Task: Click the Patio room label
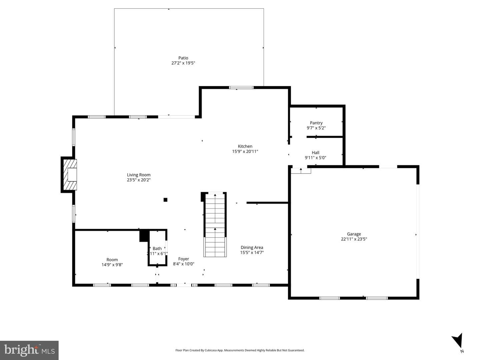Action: [x=183, y=58]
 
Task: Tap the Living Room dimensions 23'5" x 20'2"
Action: [x=139, y=180]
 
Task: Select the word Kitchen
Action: [x=245, y=146]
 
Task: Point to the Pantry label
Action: [x=316, y=123]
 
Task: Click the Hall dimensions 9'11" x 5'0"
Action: [x=315, y=158]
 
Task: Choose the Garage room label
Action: [x=354, y=234]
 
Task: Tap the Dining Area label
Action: [x=252, y=247]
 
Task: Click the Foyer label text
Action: [x=183, y=259]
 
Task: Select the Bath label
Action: [x=157, y=249]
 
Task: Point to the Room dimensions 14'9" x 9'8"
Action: [x=112, y=265]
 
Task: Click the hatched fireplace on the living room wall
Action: [x=70, y=175]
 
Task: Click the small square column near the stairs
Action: [x=165, y=200]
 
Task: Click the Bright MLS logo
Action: [x=29, y=350]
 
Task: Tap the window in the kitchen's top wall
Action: [x=241, y=88]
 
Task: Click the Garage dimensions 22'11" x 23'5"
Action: [x=354, y=239]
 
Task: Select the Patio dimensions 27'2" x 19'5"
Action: [x=183, y=63]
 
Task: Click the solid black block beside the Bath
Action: [x=144, y=236]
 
